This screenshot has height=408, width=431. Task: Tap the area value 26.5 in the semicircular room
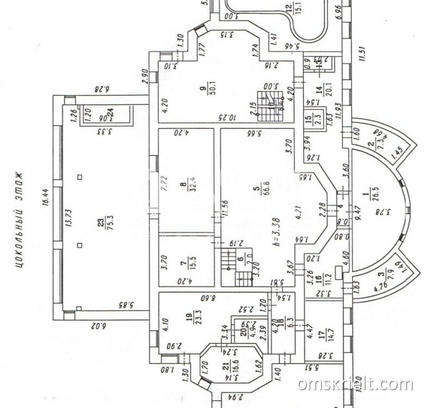[374, 194]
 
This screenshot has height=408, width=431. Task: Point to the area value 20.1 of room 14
[328, 88]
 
